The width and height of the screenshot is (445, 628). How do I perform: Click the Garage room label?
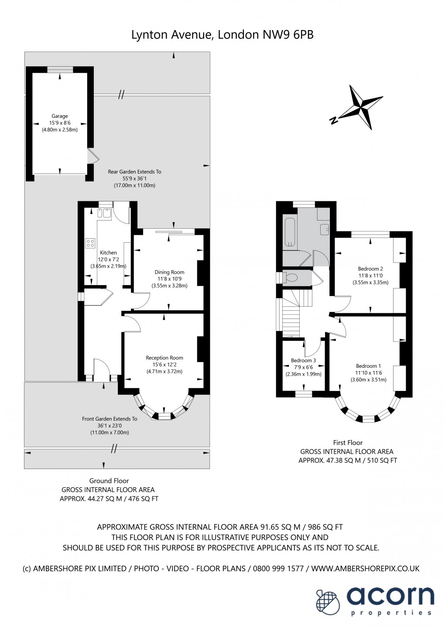click(x=60, y=116)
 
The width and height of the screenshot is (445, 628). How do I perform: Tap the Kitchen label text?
click(x=108, y=253)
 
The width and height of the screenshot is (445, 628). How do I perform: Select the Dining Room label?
click(x=169, y=272)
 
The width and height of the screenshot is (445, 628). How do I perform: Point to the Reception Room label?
click(x=164, y=358)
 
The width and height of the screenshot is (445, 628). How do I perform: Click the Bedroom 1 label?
click(x=368, y=366)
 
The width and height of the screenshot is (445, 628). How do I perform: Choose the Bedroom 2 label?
click(x=370, y=269)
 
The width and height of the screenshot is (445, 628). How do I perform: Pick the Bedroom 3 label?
click(x=303, y=360)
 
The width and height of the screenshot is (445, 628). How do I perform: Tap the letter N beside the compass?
click(x=334, y=120)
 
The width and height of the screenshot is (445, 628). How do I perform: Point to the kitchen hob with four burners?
click(x=90, y=243)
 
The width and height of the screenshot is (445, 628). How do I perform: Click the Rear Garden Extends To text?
click(x=134, y=172)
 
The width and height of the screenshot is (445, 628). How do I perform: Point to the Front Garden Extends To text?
click(x=110, y=419)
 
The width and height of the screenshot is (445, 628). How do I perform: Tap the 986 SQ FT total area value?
click(x=325, y=527)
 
